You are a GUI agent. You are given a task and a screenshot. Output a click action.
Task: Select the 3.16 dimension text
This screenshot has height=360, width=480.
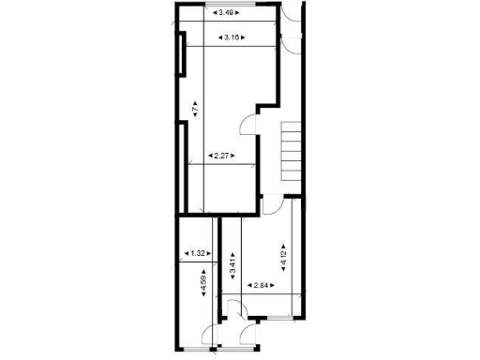click(x=230, y=37)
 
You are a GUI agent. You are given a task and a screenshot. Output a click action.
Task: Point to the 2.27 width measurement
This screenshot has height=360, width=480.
click(x=221, y=156)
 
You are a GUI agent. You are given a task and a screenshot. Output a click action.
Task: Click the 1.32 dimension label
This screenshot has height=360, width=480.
click(x=197, y=253)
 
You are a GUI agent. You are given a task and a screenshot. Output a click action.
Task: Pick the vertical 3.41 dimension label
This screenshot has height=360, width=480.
click(x=232, y=263)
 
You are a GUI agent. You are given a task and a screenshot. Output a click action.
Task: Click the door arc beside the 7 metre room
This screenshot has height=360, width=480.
click(x=249, y=127)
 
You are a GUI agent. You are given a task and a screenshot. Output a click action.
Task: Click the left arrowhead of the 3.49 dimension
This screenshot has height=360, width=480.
click(x=211, y=13)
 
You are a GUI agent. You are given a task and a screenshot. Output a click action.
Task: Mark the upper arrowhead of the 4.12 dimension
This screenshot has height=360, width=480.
click(x=284, y=241)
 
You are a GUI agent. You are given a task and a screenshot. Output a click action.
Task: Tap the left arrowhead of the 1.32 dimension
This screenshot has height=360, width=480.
click(x=186, y=253)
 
